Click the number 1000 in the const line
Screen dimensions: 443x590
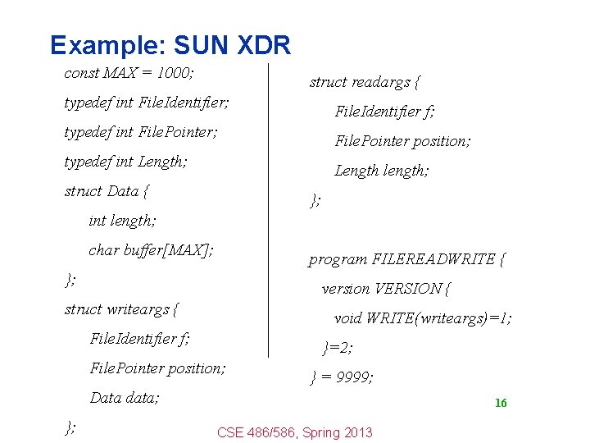click(x=175, y=73)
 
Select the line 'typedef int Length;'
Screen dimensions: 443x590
click(x=125, y=162)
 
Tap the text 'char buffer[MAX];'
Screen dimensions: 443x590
click(x=151, y=250)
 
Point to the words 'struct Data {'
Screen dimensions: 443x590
click(x=107, y=191)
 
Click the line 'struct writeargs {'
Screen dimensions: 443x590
click(x=121, y=309)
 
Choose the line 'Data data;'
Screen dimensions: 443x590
click(x=125, y=398)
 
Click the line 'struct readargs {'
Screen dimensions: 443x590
click(x=365, y=82)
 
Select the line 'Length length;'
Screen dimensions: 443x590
click(x=381, y=171)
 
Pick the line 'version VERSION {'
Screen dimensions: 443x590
click(x=387, y=289)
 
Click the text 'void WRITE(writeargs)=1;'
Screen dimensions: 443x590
click(x=423, y=318)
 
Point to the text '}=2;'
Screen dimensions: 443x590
click(x=338, y=348)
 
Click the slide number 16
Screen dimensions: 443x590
click(x=501, y=403)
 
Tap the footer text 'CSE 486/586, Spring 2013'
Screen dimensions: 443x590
click(x=294, y=432)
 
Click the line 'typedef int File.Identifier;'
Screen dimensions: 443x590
click(x=147, y=103)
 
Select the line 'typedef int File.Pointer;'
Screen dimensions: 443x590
click(x=141, y=132)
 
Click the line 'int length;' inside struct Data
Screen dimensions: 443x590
click(x=122, y=221)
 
